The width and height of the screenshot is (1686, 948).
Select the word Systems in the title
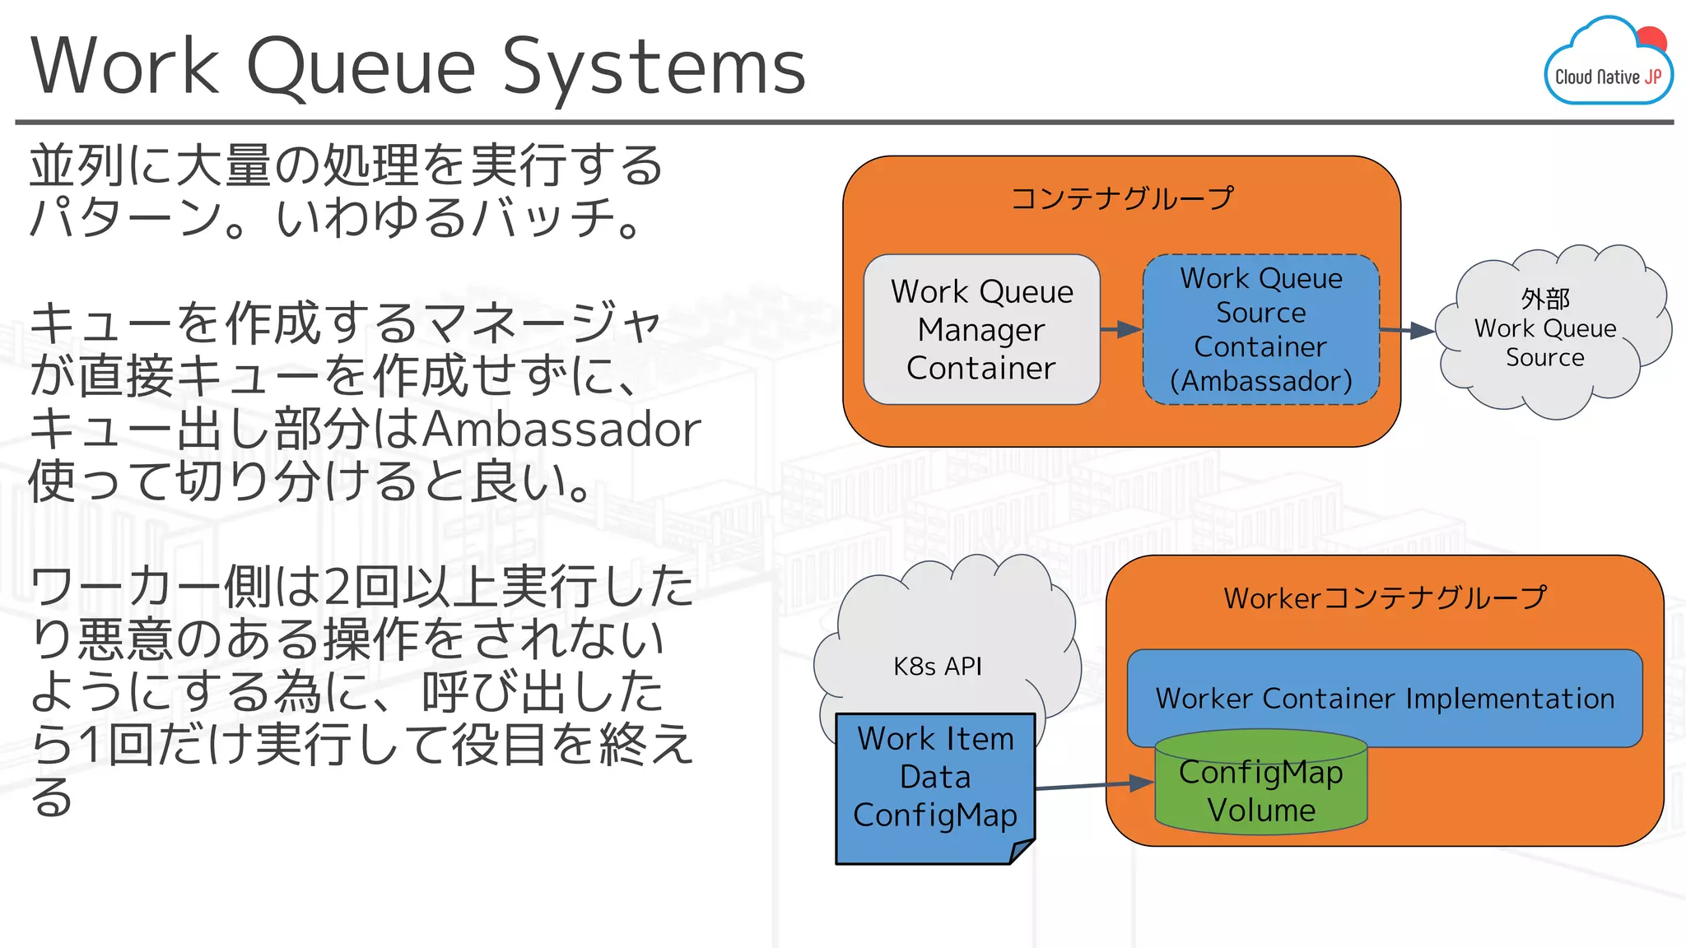[x=654, y=67]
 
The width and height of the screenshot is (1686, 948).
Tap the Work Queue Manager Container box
[x=981, y=329]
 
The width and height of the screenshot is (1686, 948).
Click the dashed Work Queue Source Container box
[x=1260, y=329]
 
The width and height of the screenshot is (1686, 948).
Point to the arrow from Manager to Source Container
[x=1121, y=330]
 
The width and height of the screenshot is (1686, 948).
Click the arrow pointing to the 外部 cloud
[x=1407, y=331]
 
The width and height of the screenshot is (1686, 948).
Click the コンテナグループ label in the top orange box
[x=1121, y=198]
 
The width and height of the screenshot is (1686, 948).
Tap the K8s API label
[x=938, y=666]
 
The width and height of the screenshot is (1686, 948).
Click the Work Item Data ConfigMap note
[x=934, y=778]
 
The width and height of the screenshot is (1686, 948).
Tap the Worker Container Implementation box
[x=1384, y=699]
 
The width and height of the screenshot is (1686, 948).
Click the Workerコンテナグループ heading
[x=1385, y=598]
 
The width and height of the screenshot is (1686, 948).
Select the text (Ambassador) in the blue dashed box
[x=1260, y=381]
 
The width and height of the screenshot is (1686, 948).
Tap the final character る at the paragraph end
[x=51, y=797]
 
